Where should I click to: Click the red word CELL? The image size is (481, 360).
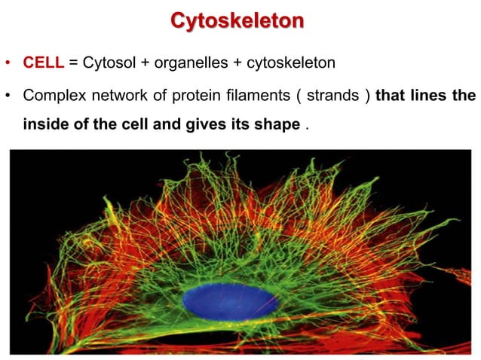click(x=44, y=62)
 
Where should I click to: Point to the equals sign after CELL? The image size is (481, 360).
click(x=73, y=63)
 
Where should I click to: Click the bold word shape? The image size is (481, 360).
click(x=280, y=124)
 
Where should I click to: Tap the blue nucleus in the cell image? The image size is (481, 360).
click(x=230, y=301)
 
